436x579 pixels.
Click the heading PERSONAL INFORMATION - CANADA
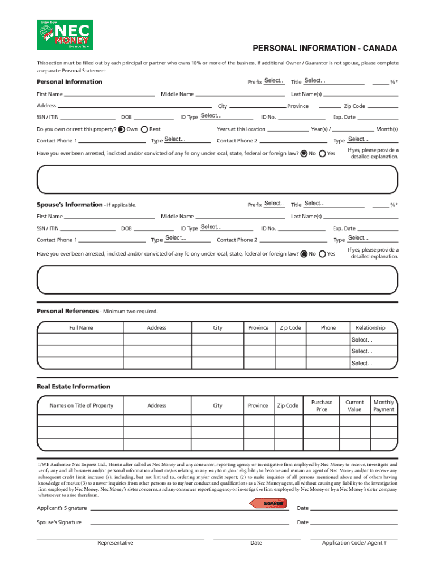click(x=324, y=49)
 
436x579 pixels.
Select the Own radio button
click(x=121, y=129)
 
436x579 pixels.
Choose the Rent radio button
click(x=144, y=129)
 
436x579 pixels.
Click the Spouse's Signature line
click(x=190, y=522)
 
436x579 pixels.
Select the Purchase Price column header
click(x=322, y=405)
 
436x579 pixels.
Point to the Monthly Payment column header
click(x=383, y=405)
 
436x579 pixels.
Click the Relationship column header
click(x=370, y=327)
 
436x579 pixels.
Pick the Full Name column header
click(x=81, y=327)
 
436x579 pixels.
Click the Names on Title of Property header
click(x=81, y=405)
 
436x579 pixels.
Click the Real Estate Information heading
click(x=74, y=387)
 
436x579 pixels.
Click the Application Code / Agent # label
click(x=354, y=543)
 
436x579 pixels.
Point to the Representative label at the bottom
click(x=116, y=543)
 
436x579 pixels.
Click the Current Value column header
click(x=354, y=405)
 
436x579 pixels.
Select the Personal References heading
click(x=67, y=311)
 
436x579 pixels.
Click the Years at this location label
click(x=241, y=129)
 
